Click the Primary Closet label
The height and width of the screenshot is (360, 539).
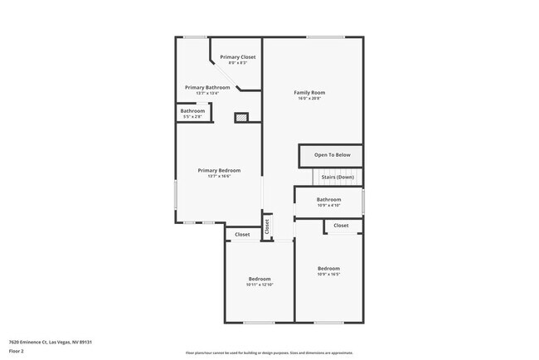[x=237, y=56]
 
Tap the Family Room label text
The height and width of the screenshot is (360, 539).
[x=309, y=92]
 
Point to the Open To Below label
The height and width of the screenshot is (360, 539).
[x=332, y=155]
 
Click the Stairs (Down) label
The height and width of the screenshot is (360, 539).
[x=337, y=177]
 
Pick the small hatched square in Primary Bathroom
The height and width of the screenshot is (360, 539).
[x=241, y=118]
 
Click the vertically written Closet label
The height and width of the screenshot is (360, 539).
[x=267, y=226]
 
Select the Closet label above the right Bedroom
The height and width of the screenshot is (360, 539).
[x=341, y=226]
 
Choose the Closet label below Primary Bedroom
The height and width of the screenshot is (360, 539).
[x=242, y=235]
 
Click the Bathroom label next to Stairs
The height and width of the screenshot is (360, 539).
[x=328, y=199]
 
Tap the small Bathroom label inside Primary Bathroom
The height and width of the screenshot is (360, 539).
[x=192, y=111]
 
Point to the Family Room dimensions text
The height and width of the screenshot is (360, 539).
[x=309, y=99]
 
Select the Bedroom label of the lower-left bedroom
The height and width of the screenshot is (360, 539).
[x=260, y=279]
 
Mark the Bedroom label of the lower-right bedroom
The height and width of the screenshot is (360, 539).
[x=328, y=268]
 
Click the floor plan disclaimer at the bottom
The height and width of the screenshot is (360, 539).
[x=269, y=353]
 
